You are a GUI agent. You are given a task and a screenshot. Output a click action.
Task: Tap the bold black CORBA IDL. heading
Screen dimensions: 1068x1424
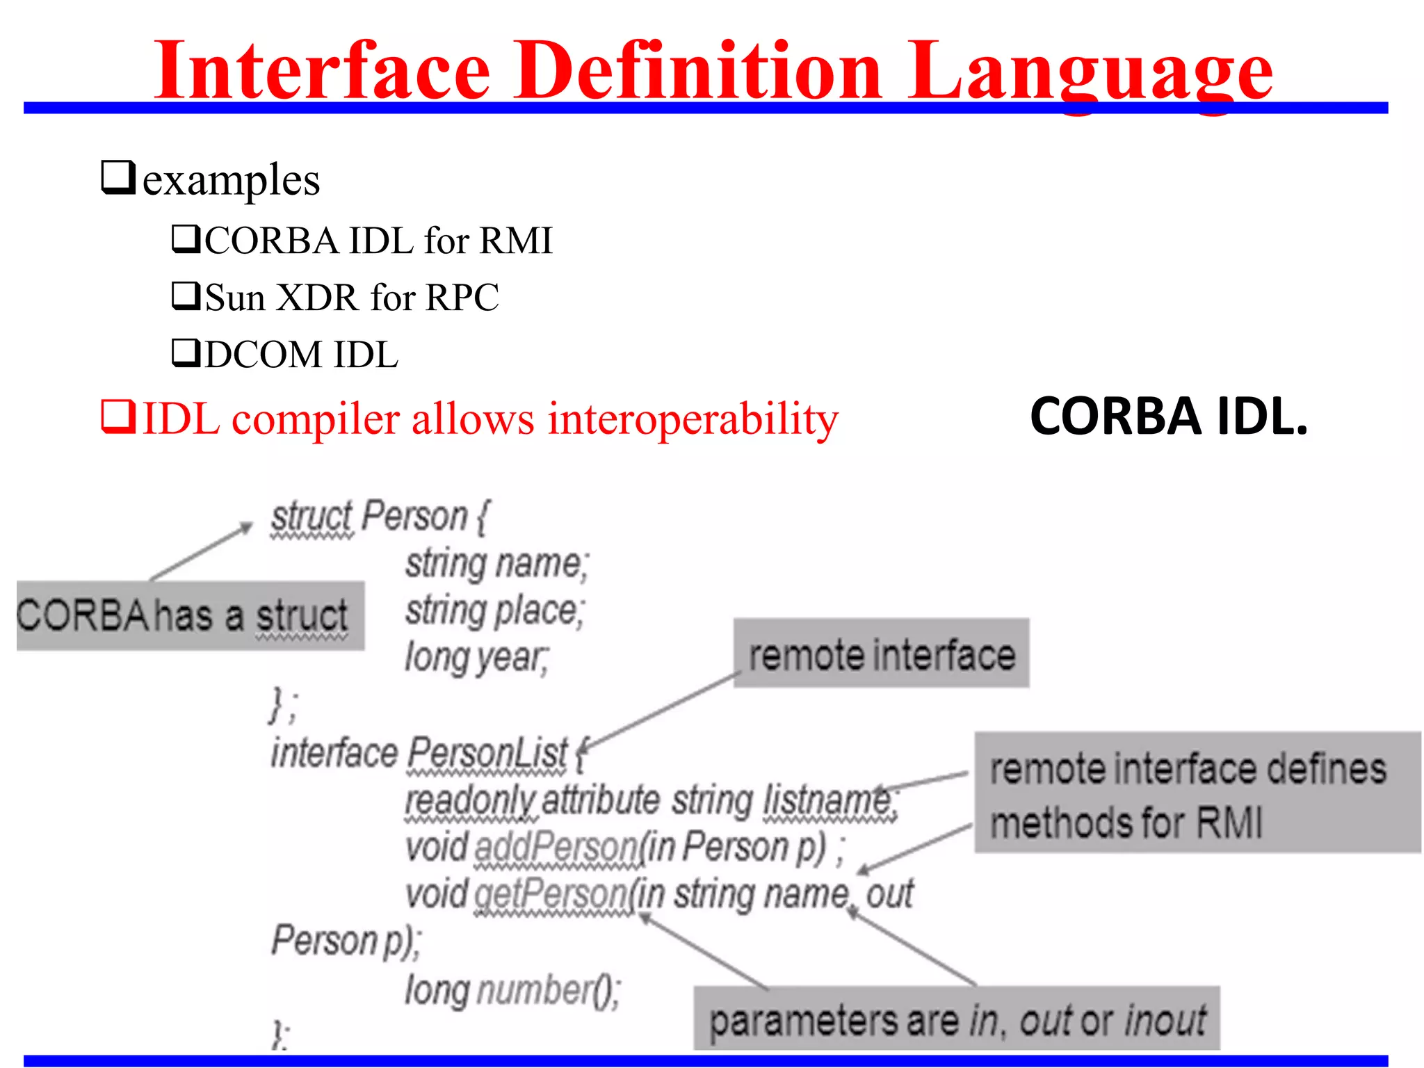point(1168,416)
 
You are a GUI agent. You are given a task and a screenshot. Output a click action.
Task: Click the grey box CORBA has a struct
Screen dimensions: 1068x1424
point(190,616)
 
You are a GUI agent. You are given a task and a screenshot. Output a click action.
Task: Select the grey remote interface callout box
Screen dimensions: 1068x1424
point(881,654)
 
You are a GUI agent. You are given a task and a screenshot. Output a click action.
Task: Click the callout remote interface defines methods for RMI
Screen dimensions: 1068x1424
point(1196,793)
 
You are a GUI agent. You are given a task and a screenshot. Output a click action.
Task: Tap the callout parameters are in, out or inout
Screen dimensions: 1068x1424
point(956,1019)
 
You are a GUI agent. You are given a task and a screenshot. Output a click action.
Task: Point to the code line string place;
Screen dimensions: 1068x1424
point(494,611)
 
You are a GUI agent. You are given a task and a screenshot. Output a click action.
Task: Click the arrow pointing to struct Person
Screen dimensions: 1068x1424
point(202,551)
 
